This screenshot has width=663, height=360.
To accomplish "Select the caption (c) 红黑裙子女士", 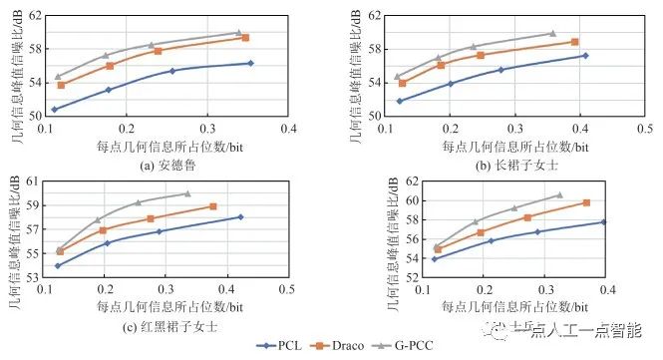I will (x=166, y=326).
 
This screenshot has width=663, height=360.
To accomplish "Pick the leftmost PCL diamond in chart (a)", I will (x=55, y=109).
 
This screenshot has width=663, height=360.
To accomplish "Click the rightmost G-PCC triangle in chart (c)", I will (x=187, y=193).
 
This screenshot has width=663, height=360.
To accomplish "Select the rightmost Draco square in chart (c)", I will (x=213, y=206).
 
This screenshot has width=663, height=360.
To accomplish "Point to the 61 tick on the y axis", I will (x=33, y=181).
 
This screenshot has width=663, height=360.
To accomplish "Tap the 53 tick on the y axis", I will (x=33, y=278).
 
